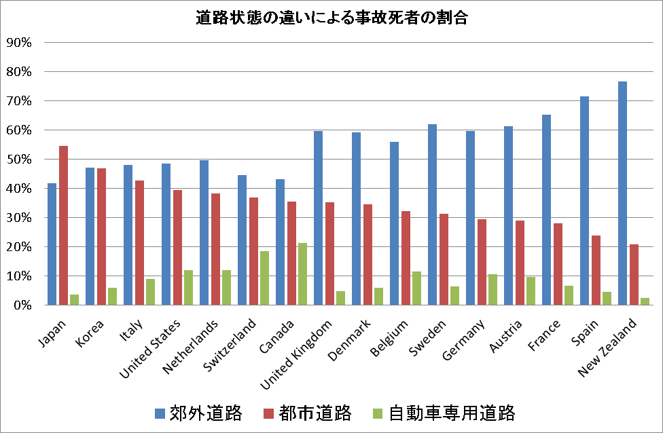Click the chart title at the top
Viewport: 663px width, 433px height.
point(331,18)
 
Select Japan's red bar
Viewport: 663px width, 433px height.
point(63,225)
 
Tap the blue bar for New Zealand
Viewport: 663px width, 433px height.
point(622,193)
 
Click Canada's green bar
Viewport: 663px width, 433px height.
point(302,274)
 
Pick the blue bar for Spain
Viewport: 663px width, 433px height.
point(584,201)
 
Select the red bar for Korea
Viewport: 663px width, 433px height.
point(101,237)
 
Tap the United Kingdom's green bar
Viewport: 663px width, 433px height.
point(340,298)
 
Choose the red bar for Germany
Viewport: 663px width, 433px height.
point(482,262)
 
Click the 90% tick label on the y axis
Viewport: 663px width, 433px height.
point(18,42)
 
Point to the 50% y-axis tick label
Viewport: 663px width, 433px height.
point(18,159)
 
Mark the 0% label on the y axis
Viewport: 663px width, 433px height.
point(21,305)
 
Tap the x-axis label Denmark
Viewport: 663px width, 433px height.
point(354,335)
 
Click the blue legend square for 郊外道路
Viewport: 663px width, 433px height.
point(160,413)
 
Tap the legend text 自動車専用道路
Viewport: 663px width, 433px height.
point(452,413)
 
